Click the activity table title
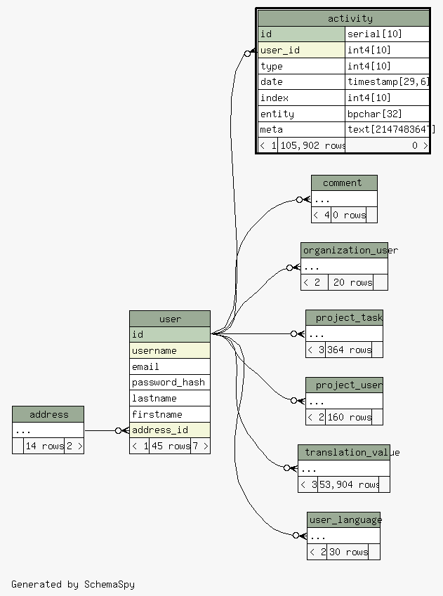(350, 18)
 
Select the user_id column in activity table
(301, 50)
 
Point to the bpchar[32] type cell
(387, 114)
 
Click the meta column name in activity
(301, 129)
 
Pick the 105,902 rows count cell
(312, 145)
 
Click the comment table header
(343, 183)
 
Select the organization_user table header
(344, 251)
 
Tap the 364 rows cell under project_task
(349, 350)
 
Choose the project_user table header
(344, 385)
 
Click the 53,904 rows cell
(349, 484)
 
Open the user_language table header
(343, 520)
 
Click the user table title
(170, 319)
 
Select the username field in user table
(170, 350)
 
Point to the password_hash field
(170, 382)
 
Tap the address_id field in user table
(170, 430)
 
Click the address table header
(48, 414)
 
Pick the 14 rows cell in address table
(44, 446)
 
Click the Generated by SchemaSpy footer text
(73, 584)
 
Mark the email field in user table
(170, 366)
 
